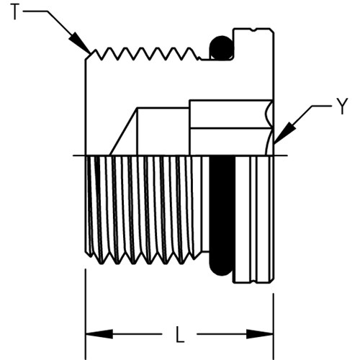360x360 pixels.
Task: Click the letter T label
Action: pos(14,12)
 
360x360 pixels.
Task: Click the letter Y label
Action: pos(343,107)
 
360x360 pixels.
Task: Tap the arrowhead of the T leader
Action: pos(80,42)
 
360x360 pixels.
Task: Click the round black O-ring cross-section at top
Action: pos(221,48)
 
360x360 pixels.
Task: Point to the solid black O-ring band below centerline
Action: pos(222,215)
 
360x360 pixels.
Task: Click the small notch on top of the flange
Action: pos(254,30)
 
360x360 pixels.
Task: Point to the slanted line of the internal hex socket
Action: pos(123,132)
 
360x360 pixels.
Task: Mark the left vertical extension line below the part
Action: pos(86,315)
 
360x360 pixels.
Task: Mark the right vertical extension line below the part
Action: pos(274,326)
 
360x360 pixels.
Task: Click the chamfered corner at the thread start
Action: pos(88,56)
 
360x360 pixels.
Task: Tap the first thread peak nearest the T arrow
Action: pos(96,50)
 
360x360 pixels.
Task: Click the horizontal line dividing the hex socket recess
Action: pos(231,129)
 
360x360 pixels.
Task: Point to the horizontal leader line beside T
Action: pos(35,11)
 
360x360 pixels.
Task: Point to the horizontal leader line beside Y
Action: pos(322,106)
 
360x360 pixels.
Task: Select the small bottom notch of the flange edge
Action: pos(254,282)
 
